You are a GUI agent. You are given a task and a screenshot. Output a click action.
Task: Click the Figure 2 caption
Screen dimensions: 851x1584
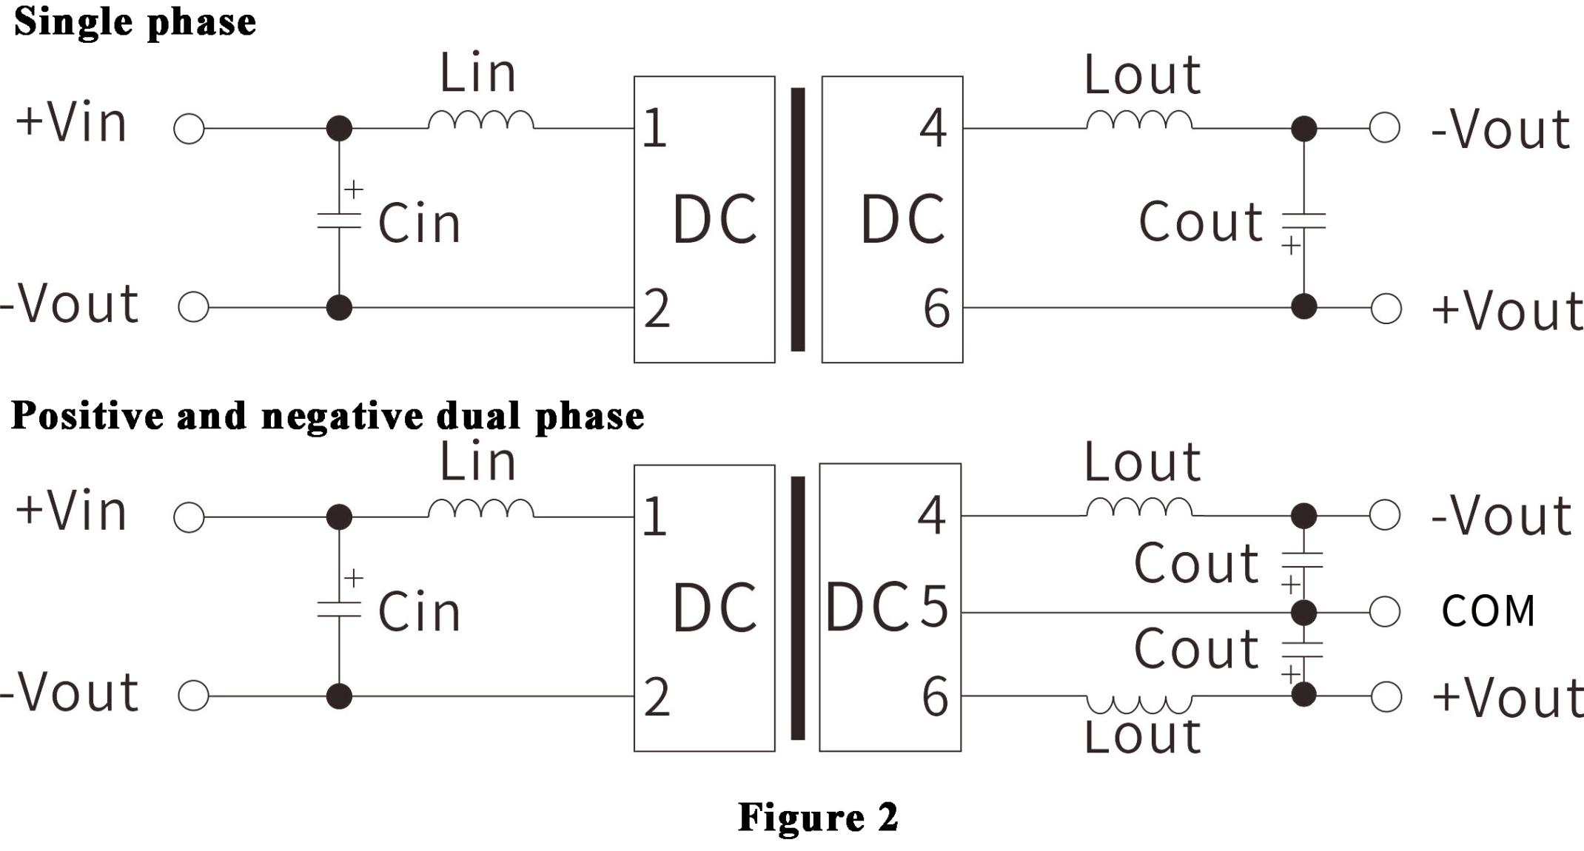coord(818,818)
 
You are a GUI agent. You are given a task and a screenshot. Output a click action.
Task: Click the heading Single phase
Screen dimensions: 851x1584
coord(135,21)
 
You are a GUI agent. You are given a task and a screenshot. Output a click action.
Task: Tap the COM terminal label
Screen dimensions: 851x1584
coord(1488,611)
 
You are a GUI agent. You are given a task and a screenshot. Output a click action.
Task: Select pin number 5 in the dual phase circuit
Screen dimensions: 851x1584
coord(933,607)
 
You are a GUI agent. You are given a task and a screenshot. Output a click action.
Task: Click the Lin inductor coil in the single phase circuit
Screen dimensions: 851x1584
coord(481,121)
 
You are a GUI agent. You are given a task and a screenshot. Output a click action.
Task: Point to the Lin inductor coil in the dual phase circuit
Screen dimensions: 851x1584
coord(481,508)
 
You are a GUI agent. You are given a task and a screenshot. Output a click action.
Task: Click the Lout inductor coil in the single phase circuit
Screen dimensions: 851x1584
coord(1139,121)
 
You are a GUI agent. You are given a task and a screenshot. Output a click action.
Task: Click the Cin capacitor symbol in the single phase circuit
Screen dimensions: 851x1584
coord(339,220)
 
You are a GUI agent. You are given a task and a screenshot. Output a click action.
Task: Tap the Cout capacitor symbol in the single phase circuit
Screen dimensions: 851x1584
coord(1303,221)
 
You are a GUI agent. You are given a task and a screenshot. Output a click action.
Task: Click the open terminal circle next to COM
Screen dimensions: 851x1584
coord(1384,612)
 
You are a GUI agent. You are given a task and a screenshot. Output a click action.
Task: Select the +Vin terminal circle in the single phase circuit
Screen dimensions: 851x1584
coord(189,129)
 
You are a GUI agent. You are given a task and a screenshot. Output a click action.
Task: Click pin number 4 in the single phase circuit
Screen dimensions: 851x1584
coord(933,128)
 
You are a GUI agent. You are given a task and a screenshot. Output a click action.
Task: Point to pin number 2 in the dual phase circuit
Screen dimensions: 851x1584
coord(657,697)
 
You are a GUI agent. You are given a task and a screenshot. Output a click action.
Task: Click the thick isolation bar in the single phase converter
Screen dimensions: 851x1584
coord(798,219)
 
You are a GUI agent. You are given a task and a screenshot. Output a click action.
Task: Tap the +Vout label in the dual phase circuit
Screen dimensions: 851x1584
coord(1507,699)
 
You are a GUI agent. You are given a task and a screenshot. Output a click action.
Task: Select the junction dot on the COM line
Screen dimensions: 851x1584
coord(1303,613)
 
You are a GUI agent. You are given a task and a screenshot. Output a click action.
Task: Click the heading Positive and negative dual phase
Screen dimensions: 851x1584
coord(327,416)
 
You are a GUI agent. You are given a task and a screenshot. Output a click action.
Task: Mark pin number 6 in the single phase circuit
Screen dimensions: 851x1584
coord(936,309)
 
